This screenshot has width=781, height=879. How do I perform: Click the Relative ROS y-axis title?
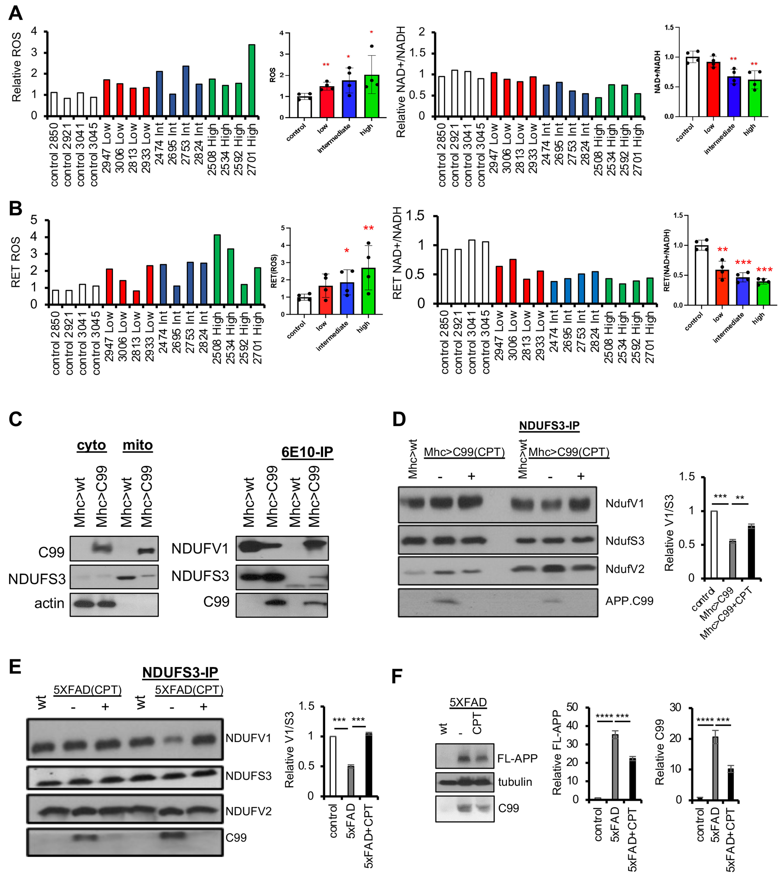[x=16, y=67]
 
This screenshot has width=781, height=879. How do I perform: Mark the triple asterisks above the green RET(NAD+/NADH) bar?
[x=764, y=270]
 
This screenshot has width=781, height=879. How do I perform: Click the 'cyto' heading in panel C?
[x=91, y=445]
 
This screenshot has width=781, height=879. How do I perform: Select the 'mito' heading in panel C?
[x=138, y=445]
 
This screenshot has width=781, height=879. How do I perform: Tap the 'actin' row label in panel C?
[x=49, y=603]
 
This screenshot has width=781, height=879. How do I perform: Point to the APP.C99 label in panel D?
[x=629, y=601]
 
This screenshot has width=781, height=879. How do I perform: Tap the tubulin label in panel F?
[x=515, y=782]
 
